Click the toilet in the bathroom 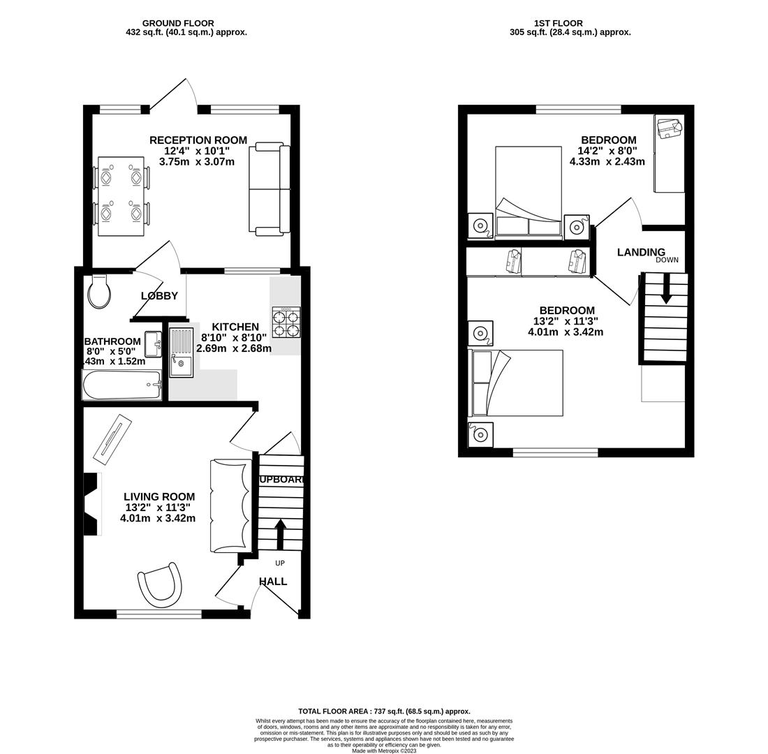(99, 292)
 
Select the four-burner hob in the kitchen (286, 323)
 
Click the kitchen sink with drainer (181, 352)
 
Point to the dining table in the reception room (121, 196)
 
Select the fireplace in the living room (91, 504)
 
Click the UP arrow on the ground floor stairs (280, 534)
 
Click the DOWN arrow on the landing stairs (666, 288)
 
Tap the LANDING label (641, 252)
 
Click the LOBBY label (159, 296)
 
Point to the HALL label (273, 582)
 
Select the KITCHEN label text (235, 327)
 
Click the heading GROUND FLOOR (178, 23)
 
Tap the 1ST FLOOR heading (558, 23)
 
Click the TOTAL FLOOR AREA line (384, 711)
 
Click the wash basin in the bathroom (153, 344)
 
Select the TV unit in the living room (112, 439)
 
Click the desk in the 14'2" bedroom (669, 154)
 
